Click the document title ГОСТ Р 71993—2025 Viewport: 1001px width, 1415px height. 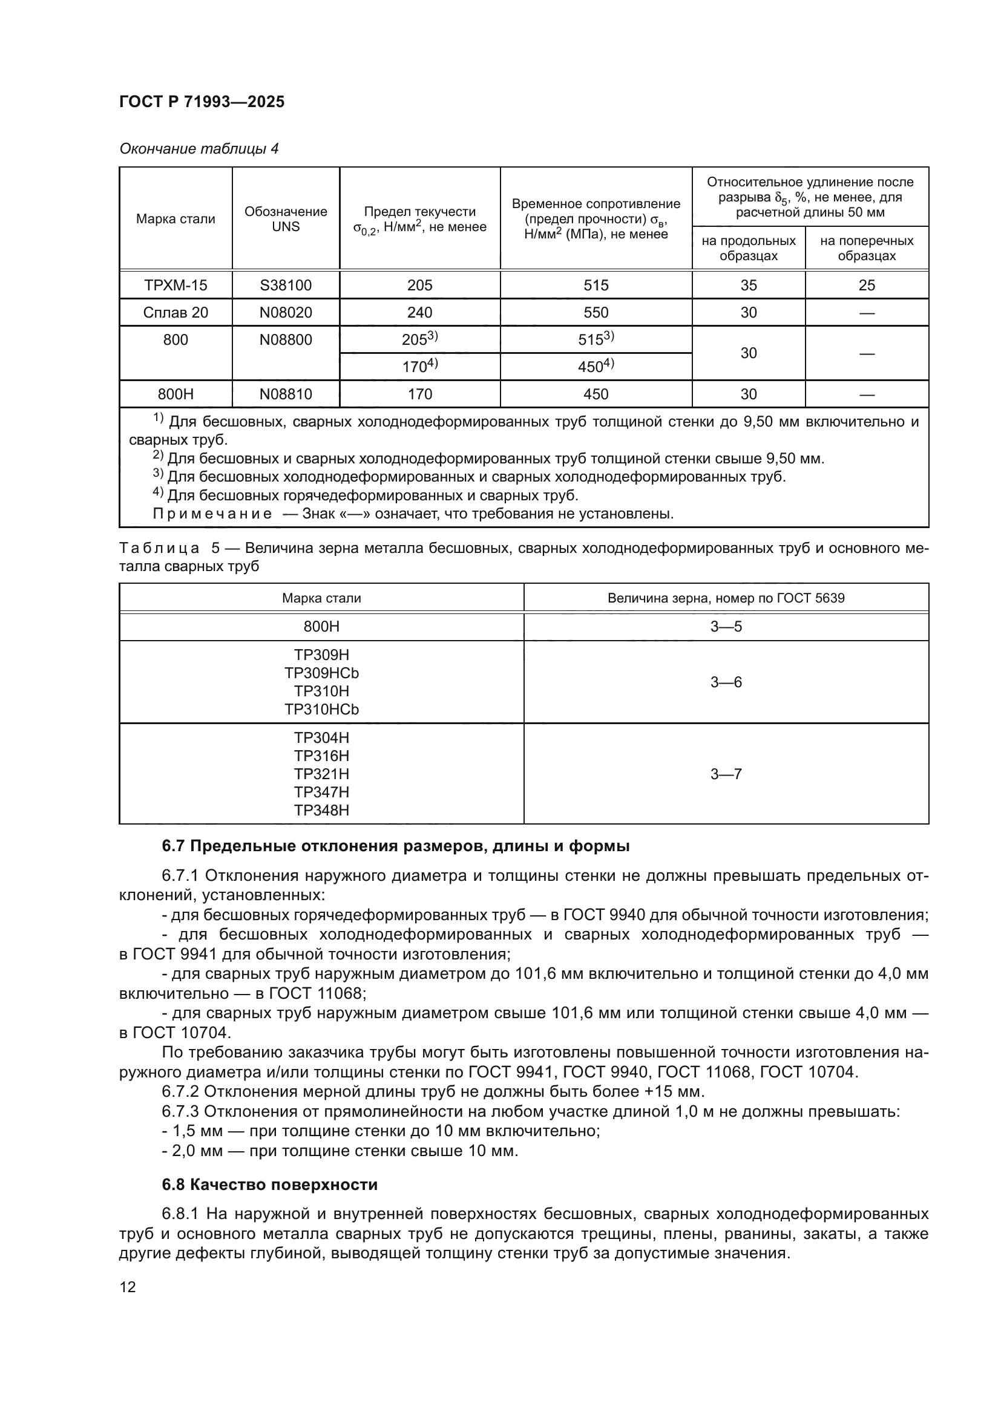pos(202,102)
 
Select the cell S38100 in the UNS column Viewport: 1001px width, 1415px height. pos(286,286)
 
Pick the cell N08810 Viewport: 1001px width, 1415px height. pos(286,394)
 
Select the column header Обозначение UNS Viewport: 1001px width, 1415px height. pos(286,219)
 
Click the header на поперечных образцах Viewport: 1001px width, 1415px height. pos(866,248)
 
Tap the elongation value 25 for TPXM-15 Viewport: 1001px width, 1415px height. pos(866,286)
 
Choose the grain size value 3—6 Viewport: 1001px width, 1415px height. pos(726,682)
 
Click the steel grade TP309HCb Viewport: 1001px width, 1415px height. pos(321,673)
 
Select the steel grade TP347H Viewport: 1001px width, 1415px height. pos(321,792)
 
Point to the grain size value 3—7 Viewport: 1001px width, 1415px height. pos(726,774)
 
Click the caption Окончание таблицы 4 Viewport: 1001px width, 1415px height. pos(199,149)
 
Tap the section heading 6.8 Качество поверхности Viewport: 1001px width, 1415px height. pos(269,1185)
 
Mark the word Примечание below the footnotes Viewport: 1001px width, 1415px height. pos(212,514)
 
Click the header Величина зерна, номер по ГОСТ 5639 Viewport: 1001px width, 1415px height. pos(726,598)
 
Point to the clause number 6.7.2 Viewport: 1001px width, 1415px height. pos(180,1091)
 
